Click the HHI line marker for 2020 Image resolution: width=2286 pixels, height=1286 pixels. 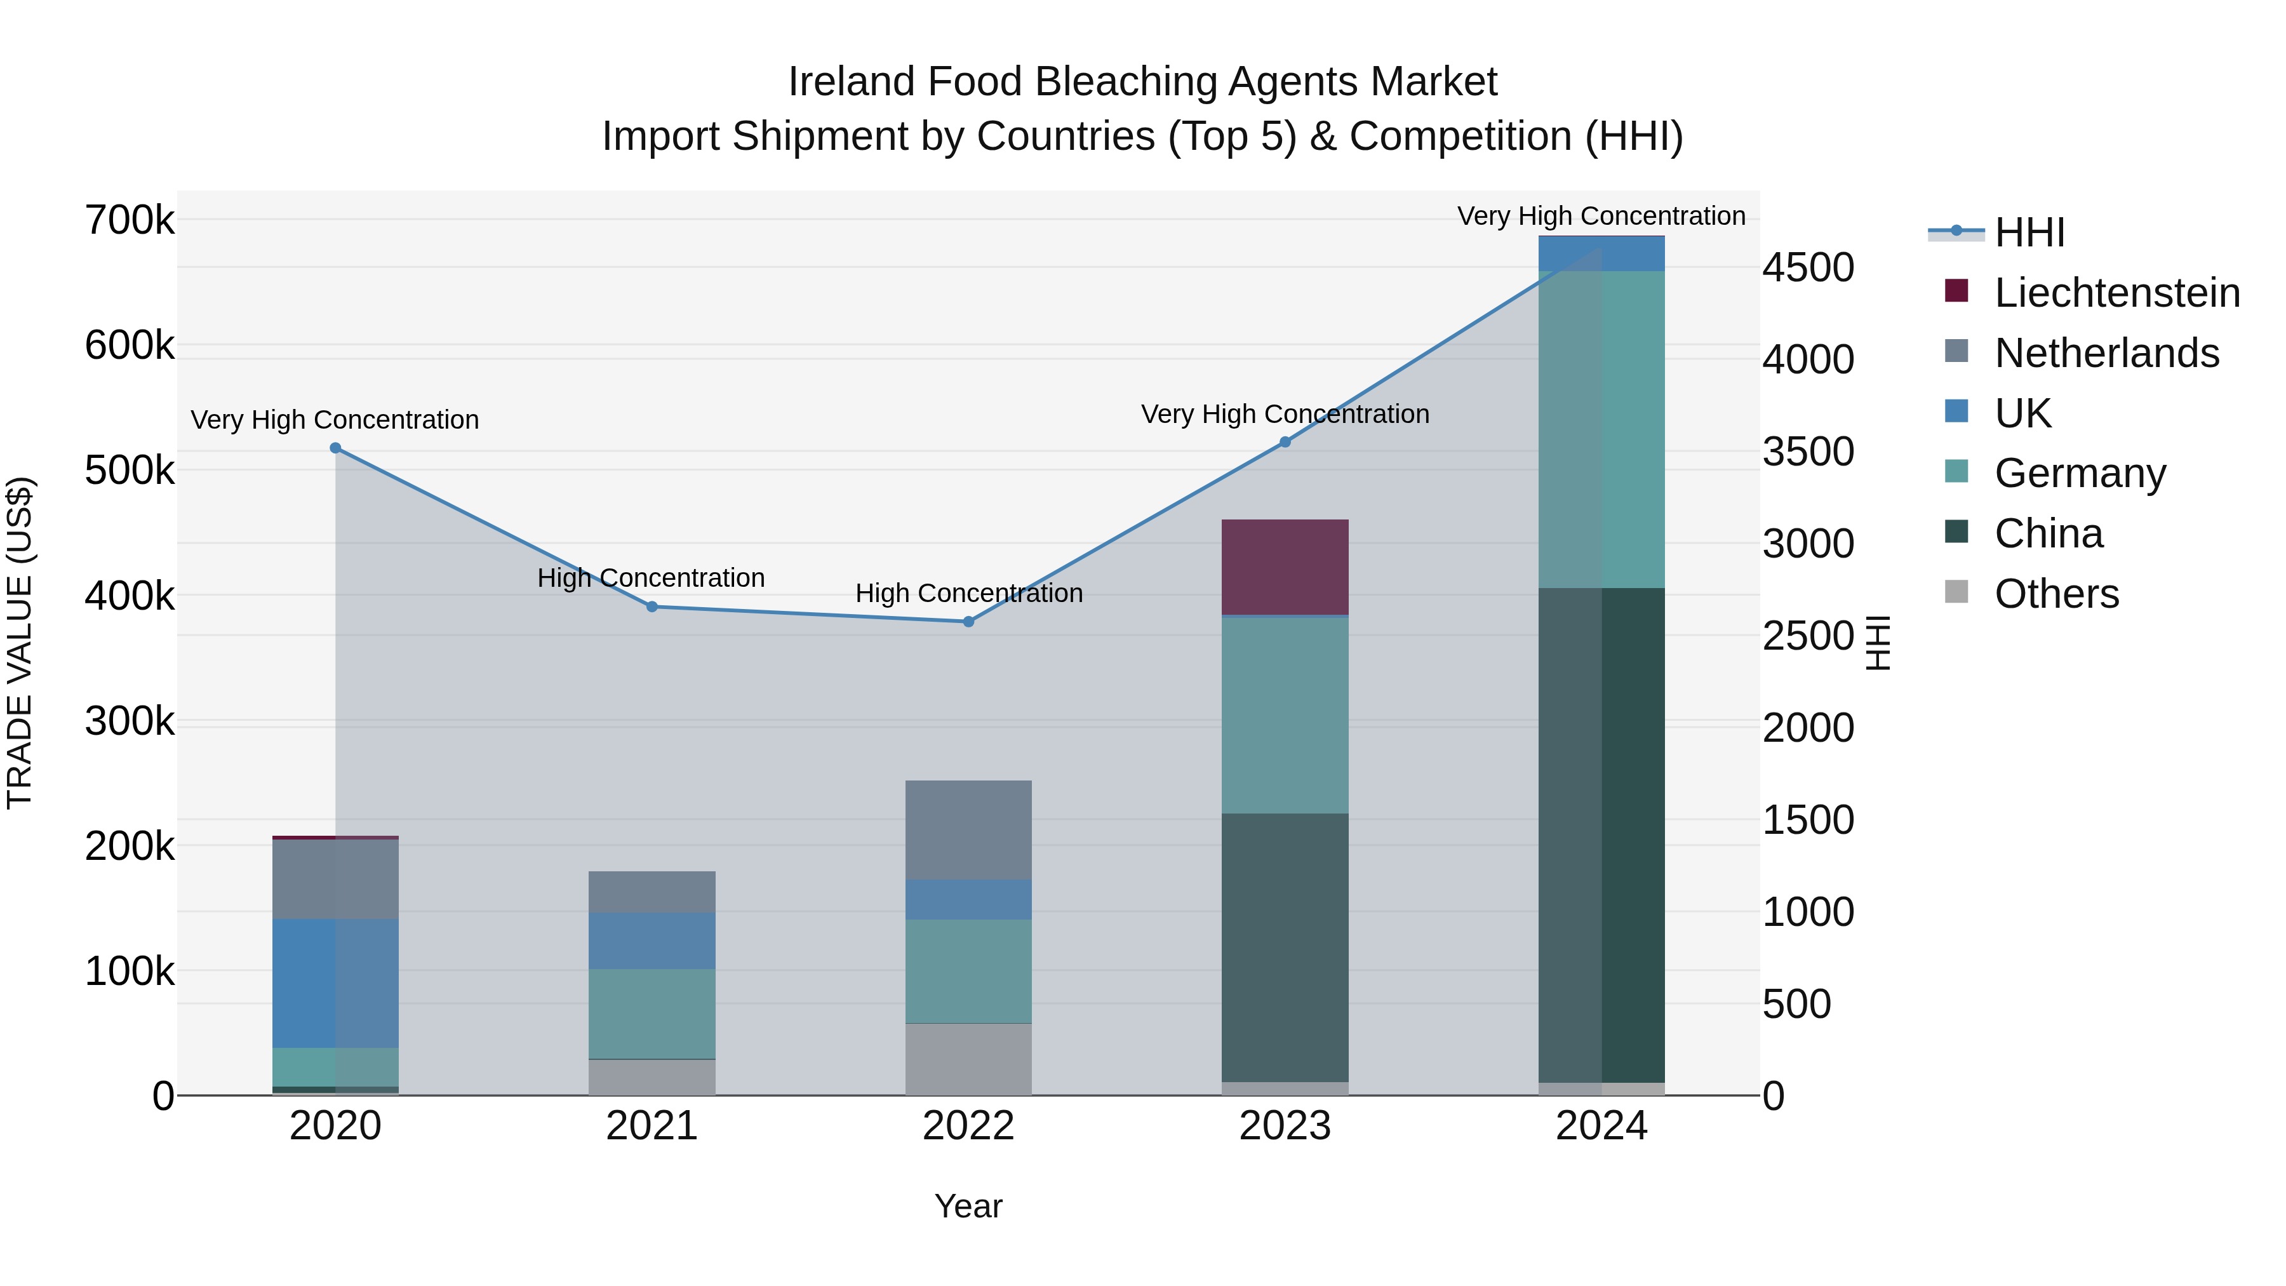[335, 448]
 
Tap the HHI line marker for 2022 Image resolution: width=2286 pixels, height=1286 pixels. [969, 622]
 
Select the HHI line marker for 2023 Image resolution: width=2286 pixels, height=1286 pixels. [1285, 442]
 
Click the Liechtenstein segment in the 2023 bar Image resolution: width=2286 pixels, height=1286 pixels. [1285, 567]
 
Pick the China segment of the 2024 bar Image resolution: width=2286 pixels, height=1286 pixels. [1602, 834]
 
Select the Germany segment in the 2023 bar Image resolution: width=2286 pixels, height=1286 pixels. [1285, 714]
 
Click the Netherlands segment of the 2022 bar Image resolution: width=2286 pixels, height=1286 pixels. [968, 830]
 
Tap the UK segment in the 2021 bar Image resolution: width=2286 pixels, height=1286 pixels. [652, 941]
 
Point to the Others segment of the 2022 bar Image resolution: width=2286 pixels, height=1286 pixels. [968, 1059]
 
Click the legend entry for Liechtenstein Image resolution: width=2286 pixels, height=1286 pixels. [2116, 293]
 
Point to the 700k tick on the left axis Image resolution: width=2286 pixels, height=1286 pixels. [130, 220]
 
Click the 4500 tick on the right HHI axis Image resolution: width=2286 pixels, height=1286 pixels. [1808, 267]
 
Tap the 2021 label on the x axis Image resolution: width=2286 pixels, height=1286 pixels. [652, 1126]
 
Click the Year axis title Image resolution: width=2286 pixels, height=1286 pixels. [968, 1206]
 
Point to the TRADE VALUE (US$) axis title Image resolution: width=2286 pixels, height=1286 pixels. [20, 643]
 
